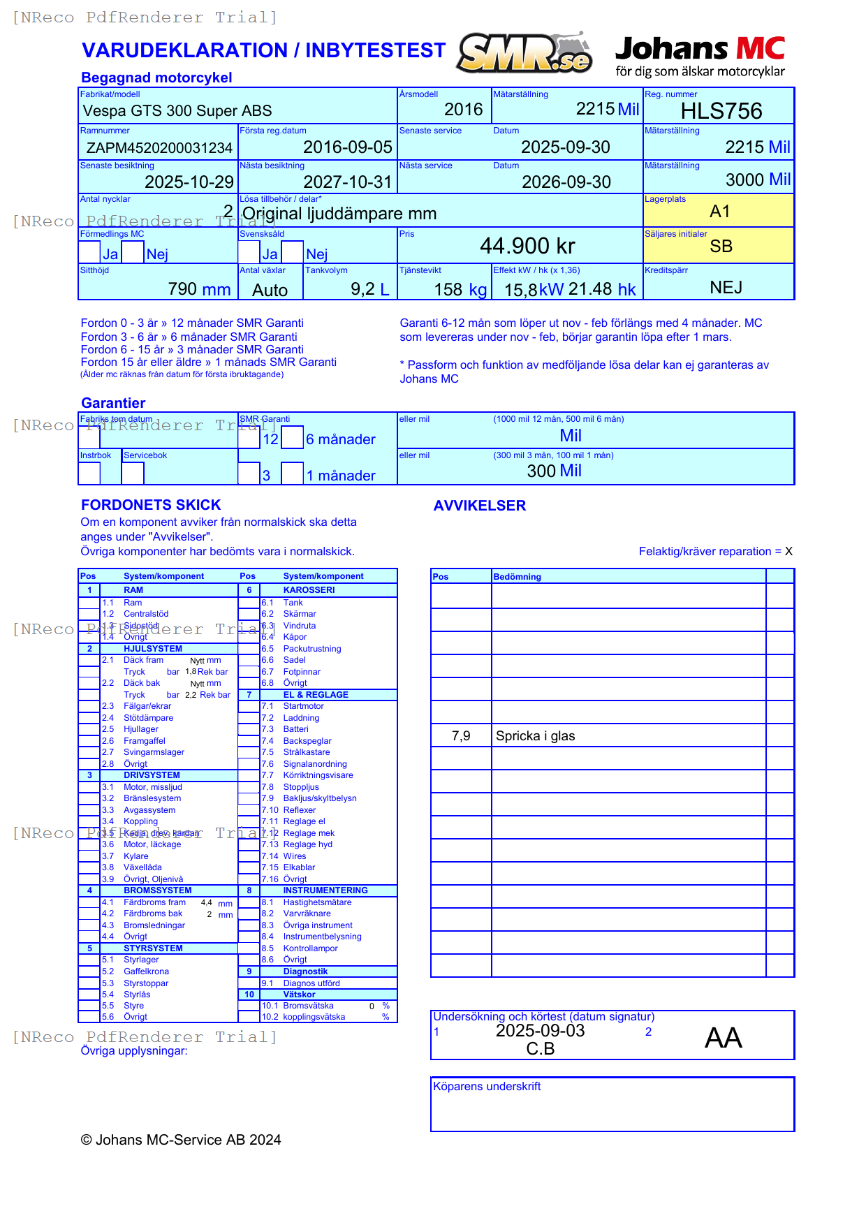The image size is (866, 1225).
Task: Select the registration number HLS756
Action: point(721,111)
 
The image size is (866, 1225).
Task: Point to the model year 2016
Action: point(463,110)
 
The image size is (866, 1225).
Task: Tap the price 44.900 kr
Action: point(527,246)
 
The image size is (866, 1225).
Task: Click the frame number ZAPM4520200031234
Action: point(159,148)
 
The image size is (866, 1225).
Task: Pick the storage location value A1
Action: point(719,212)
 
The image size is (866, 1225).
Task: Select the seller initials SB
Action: point(721,247)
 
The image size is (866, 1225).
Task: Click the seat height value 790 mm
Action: point(199,289)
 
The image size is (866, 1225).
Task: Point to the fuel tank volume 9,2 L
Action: point(369,289)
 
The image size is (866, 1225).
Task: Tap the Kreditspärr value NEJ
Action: point(726,288)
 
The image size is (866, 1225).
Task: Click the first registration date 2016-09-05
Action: point(347,147)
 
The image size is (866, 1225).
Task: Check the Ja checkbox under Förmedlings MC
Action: point(89,252)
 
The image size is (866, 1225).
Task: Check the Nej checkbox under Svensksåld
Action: point(293,252)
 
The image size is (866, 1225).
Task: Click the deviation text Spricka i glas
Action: point(535,736)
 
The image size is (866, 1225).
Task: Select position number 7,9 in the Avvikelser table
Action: point(461,736)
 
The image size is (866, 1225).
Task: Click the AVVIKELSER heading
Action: point(479,506)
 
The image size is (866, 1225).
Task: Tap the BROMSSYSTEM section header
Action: point(157,890)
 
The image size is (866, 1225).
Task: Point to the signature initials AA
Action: point(723,1038)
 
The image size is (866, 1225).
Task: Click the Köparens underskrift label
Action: point(487,1087)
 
